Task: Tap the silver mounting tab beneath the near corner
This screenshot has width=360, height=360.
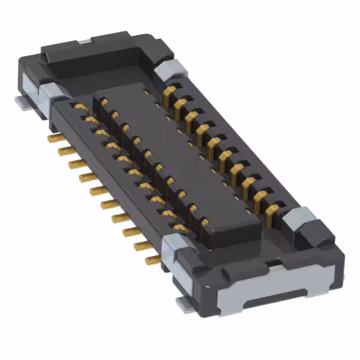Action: [184, 304]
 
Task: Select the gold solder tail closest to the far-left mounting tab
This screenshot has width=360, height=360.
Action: [54, 137]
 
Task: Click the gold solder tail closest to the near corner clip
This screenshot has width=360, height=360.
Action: [152, 260]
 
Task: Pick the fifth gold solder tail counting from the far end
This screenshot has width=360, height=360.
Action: [98, 191]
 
